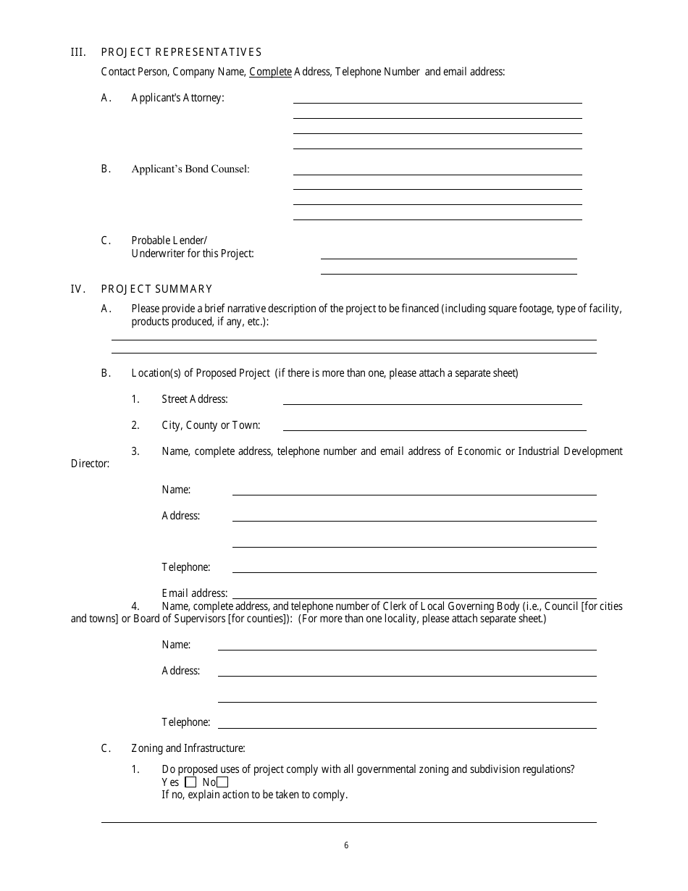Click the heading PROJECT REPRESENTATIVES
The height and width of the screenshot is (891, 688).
point(181,52)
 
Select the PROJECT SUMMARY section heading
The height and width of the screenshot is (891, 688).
point(156,289)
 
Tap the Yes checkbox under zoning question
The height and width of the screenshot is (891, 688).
point(190,782)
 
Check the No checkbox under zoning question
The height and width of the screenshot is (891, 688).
point(222,782)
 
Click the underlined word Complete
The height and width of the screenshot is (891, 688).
point(270,72)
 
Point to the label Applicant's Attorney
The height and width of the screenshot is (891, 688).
point(177,98)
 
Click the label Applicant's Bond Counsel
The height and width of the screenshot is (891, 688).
point(190,169)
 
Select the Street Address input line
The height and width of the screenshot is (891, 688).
point(432,399)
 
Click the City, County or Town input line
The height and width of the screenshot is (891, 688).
point(435,425)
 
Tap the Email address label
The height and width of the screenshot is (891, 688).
point(194,593)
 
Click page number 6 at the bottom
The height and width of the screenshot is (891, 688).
point(346,845)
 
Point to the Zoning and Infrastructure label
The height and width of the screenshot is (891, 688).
point(188,748)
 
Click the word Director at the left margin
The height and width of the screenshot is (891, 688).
point(90,464)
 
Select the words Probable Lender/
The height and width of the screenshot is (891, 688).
point(169,240)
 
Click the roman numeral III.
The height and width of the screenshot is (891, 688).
point(77,52)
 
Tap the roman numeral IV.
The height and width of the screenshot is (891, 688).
point(77,289)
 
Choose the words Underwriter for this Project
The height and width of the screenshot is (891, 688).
point(193,254)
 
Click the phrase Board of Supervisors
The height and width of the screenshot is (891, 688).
point(179,619)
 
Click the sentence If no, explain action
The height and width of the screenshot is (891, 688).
point(254,795)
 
